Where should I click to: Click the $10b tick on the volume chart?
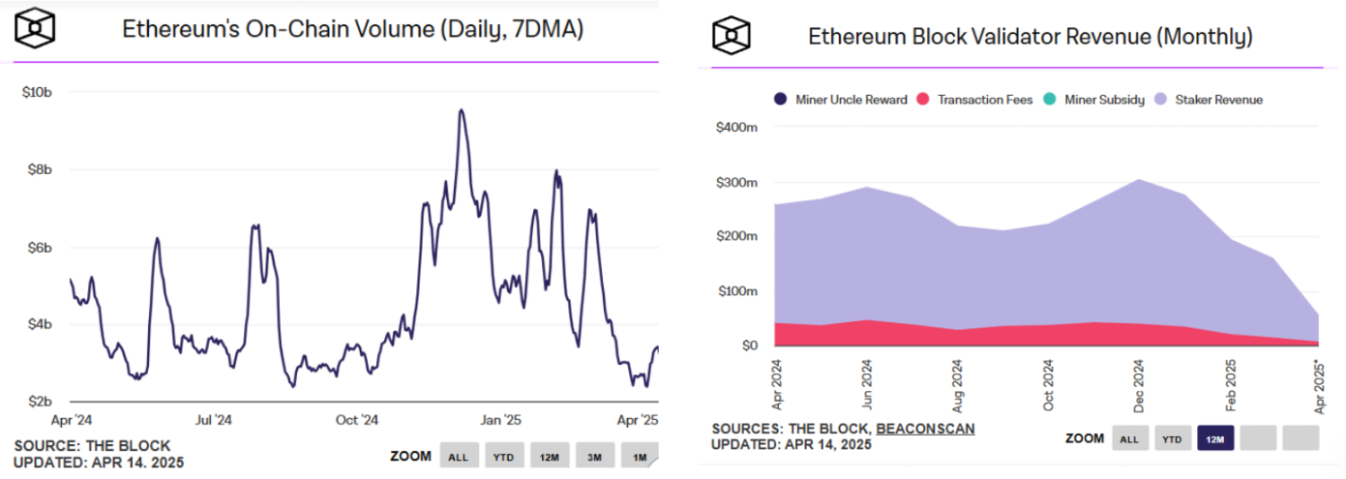37,92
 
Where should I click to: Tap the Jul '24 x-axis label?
213,420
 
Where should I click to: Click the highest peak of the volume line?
462,110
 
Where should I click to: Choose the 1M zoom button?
640,457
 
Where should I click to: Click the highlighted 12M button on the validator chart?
1214,438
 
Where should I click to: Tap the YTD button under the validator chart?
1171,438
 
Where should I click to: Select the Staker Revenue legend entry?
1217,100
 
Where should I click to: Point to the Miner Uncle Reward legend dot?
781,100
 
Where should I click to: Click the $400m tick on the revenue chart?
736,128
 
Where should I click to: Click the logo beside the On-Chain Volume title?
35,30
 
